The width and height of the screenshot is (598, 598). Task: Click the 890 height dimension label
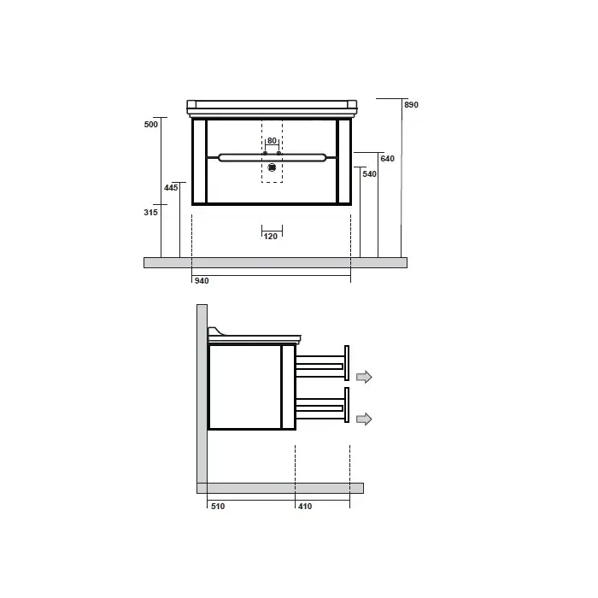[x=411, y=104]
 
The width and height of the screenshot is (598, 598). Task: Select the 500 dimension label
[x=150, y=125]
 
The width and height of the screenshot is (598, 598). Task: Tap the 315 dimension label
[x=150, y=213]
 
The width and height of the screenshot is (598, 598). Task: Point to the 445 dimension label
[x=171, y=188]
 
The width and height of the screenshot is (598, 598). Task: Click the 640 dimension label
[x=387, y=159]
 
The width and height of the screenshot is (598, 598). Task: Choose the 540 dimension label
[x=369, y=174]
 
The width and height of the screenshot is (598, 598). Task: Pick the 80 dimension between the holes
[x=272, y=141]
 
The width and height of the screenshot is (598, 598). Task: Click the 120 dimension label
[x=271, y=237]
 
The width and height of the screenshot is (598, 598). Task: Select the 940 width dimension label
[x=202, y=281]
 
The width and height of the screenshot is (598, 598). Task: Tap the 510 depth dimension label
[x=218, y=507]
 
